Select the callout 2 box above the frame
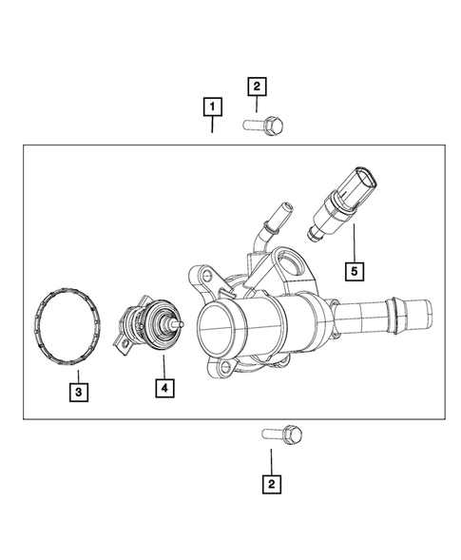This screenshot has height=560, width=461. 256,87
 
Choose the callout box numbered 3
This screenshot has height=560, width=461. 79,390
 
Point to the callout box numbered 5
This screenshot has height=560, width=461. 355,272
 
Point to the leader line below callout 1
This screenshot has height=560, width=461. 213,125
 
